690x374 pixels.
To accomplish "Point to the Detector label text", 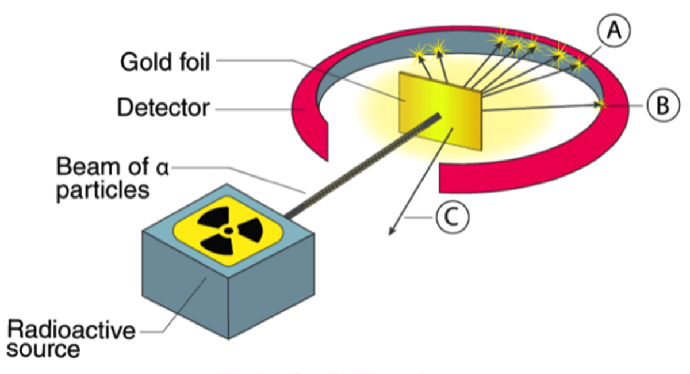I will [x=163, y=108].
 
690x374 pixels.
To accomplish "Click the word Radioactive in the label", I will [x=71, y=330].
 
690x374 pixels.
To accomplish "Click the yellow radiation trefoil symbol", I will [x=228, y=231].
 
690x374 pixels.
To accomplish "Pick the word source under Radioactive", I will [x=43, y=350].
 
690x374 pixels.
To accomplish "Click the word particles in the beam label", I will [x=102, y=190].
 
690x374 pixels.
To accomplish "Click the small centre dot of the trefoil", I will [x=228, y=231].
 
